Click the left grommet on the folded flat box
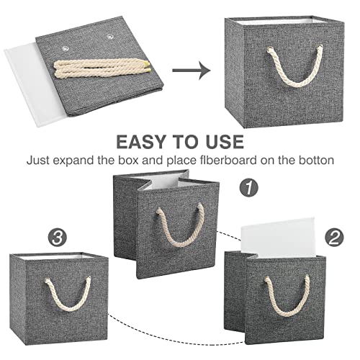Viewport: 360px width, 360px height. click(66, 45)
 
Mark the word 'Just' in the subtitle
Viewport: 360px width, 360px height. click(40, 159)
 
